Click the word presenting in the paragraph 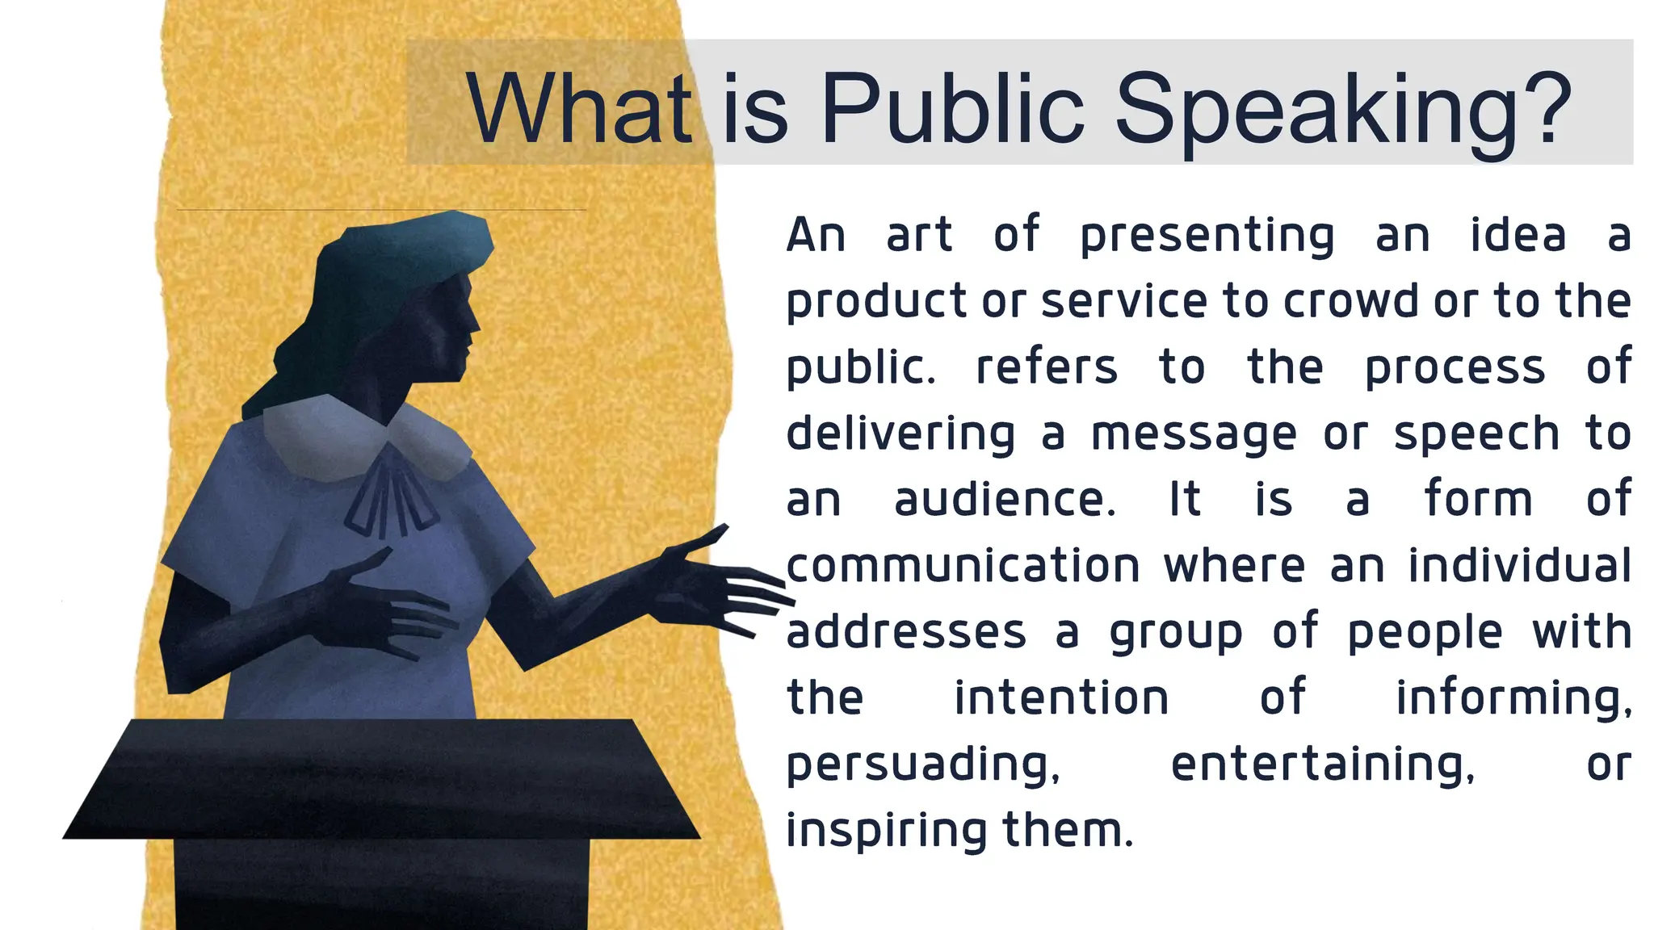(1207, 237)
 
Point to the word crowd (1351, 301)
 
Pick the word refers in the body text (1047, 367)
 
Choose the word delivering (900, 434)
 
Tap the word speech (1477, 435)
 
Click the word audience (1005, 500)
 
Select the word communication (963, 566)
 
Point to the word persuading (923, 765)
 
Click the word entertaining (1322, 765)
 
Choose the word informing (1513, 698)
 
